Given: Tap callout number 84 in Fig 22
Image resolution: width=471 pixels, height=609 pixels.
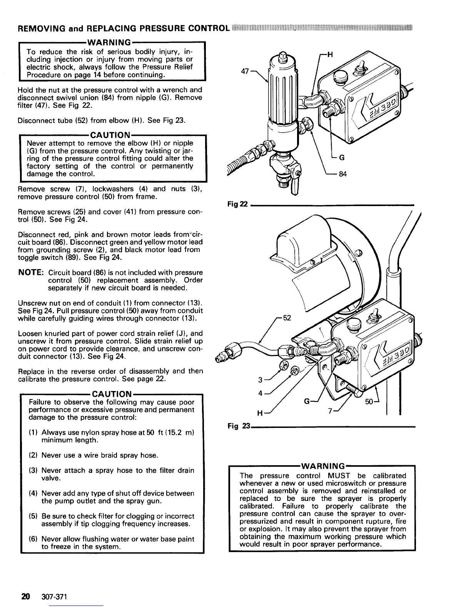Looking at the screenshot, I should [342, 174].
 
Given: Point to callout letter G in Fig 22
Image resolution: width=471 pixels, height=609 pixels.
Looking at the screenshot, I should [341, 157].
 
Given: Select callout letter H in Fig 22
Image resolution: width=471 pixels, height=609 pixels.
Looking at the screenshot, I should [330, 55].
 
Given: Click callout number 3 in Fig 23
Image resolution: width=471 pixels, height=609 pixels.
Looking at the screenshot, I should [260, 380].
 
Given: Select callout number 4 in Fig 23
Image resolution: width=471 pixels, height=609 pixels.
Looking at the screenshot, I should [260, 393].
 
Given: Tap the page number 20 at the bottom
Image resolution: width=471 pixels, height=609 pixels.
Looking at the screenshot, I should [26, 596].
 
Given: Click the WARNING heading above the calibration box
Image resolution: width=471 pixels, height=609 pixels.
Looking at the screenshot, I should [322, 467].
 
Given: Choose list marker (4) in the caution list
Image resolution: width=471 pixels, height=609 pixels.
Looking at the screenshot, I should [33, 493].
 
